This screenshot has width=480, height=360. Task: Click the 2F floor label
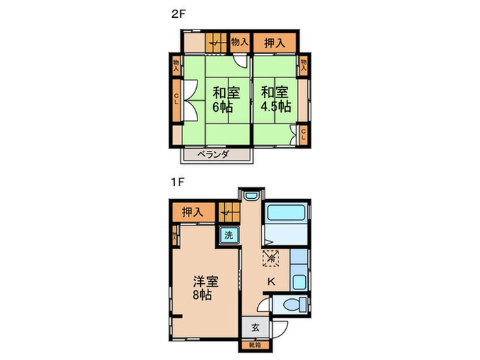177,13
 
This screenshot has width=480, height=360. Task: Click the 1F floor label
177,183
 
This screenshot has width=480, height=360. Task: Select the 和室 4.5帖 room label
274,99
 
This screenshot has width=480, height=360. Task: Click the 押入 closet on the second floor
275,43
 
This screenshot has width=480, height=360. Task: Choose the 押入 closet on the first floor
193,213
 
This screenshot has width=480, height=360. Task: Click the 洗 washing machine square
229,235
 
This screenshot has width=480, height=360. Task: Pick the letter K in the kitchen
271,281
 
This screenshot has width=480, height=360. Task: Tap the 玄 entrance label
254,327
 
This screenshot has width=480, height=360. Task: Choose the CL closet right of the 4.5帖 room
303,134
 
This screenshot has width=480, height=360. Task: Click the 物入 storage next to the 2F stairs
239,42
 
